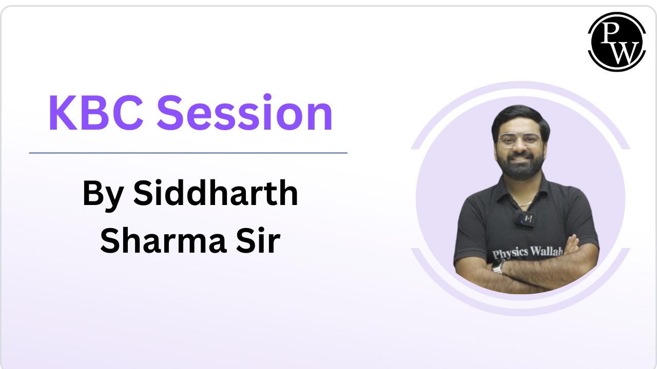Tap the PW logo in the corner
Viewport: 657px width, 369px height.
[x=616, y=41]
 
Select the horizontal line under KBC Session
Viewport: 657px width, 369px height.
[x=188, y=153]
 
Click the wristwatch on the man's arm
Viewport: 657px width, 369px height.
[x=497, y=268]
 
